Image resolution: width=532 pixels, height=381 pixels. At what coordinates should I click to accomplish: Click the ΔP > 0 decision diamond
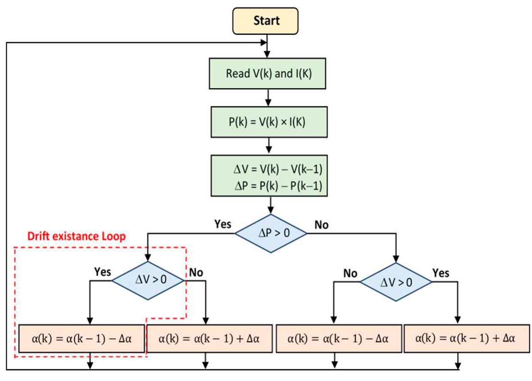point(270,233)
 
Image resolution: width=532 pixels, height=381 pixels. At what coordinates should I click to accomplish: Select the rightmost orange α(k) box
point(466,338)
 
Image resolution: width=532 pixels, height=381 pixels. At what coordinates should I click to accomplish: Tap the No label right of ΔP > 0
point(321,224)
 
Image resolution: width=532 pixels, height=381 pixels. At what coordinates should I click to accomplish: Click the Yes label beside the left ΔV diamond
point(102,272)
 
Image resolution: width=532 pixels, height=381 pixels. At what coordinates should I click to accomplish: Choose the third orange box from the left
point(337,338)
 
